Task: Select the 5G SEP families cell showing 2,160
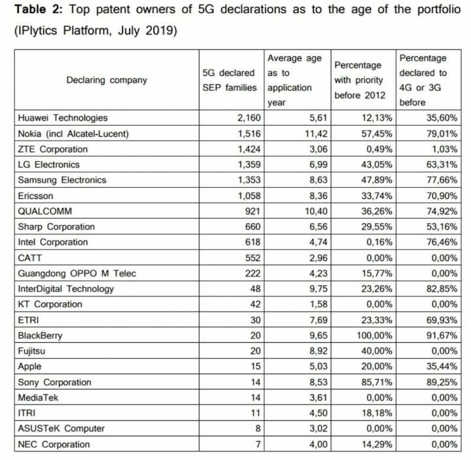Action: tap(245, 118)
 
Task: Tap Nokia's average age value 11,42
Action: tap(315, 134)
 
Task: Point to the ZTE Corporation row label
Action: tap(52, 149)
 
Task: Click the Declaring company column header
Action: tap(107, 80)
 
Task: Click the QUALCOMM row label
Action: tap(45, 211)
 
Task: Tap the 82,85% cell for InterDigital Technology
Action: tap(440, 289)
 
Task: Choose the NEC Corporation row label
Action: tap(54, 445)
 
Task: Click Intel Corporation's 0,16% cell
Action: tap(372, 243)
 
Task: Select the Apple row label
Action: tap(30, 367)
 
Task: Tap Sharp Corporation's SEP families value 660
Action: tap(250, 227)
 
